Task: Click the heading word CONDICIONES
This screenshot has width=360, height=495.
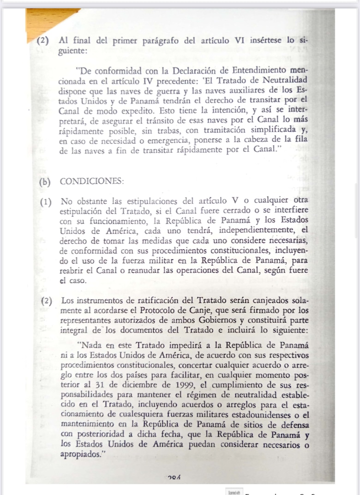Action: click(x=92, y=181)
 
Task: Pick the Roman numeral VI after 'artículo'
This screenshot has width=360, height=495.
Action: click(x=240, y=40)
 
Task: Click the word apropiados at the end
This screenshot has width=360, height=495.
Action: click(x=79, y=454)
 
